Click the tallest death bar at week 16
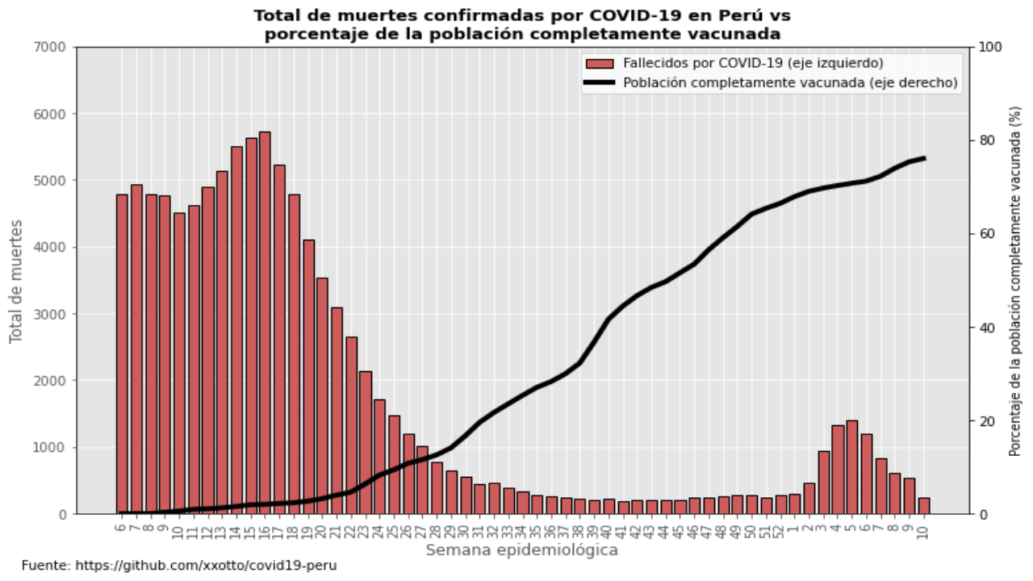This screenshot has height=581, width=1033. coord(264,323)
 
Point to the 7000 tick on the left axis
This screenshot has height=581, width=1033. coord(53,47)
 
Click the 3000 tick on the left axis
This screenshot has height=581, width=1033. coord(53,314)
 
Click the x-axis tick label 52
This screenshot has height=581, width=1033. coord(780,530)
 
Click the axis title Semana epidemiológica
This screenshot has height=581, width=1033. coord(521,550)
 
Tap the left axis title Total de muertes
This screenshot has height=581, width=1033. coord(16,280)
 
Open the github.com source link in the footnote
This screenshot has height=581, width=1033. coord(206,566)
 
